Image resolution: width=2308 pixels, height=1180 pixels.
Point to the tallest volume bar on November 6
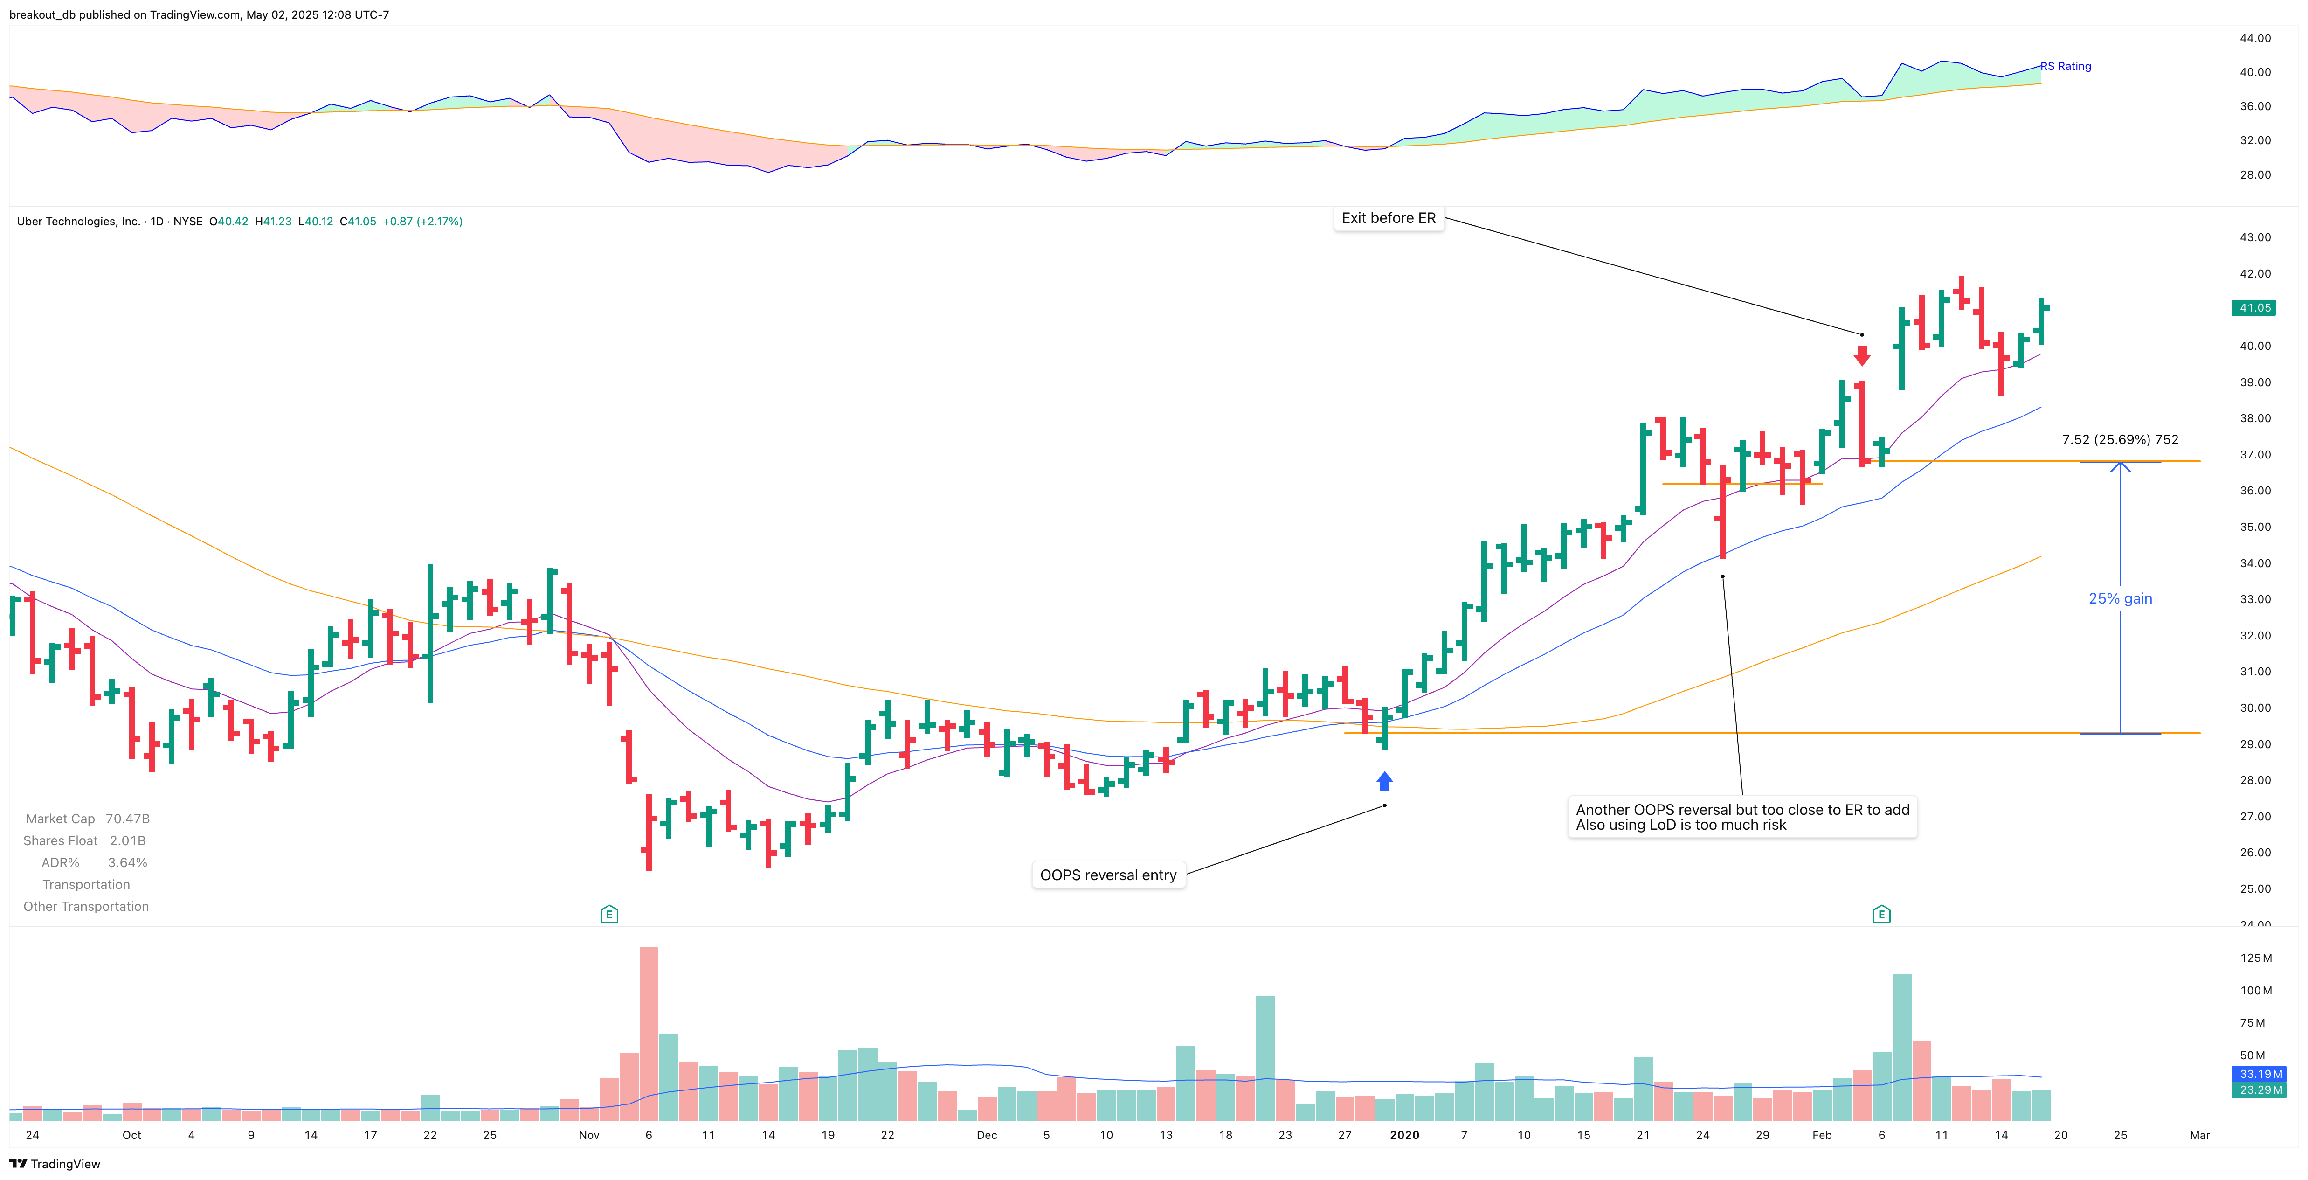[649, 1030]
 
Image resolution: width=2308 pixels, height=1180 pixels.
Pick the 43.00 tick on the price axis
[2255, 237]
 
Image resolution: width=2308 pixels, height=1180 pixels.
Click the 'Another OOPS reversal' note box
[1742, 817]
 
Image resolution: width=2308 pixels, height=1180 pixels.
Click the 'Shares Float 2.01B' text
[84, 840]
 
